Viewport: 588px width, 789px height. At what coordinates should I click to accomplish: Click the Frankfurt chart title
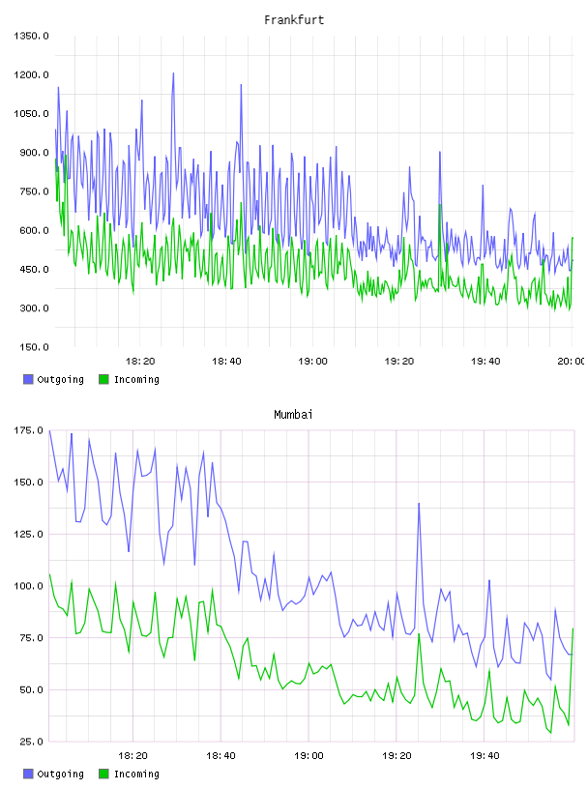[294, 20]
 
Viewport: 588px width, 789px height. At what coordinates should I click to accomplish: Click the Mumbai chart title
[293, 415]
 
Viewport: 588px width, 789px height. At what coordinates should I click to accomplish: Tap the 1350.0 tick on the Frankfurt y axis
[31, 36]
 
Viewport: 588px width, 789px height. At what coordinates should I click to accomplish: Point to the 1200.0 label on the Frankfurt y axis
[31, 75]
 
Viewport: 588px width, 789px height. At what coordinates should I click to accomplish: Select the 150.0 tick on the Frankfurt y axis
[34, 347]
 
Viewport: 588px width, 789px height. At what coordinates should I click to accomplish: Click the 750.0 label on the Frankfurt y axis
[34, 191]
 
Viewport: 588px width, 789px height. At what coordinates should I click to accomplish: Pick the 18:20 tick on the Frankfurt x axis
[140, 362]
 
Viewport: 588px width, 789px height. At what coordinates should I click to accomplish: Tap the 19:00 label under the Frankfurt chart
[312, 362]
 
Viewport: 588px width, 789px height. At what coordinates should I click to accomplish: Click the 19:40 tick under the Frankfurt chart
[485, 362]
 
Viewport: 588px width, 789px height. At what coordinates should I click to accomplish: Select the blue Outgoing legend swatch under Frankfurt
[28, 379]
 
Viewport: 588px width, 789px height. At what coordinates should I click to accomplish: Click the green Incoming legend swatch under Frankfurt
[103, 379]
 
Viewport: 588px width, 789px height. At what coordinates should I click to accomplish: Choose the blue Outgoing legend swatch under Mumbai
[28, 774]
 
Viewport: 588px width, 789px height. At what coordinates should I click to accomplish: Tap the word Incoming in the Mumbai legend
[136, 774]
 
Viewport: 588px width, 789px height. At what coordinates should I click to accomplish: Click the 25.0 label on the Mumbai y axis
[32, 742]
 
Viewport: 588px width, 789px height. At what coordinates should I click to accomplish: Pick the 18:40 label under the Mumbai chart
[220, 756]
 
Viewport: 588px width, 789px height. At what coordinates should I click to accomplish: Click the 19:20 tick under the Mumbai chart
[397, 756]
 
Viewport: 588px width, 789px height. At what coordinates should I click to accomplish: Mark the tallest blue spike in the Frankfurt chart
[173, 73]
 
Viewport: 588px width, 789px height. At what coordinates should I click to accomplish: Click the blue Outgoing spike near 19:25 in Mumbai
[419, 504]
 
